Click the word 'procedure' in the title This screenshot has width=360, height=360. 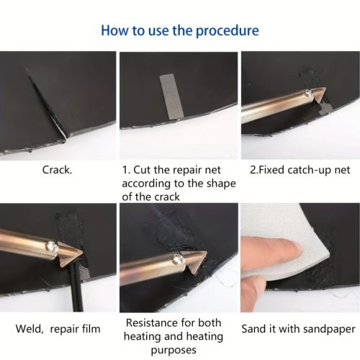click(x=228, y=31)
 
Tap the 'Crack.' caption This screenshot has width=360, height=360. click(x=57, y=170)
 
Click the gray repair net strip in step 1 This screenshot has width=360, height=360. click(x=171, y=96)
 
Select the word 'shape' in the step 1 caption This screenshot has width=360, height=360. click(x=221, y=184)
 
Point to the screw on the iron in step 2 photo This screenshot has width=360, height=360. click(x=308, y=92)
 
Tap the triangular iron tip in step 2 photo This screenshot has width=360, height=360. click(x=320, y=95)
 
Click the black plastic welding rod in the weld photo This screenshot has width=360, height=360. click(x=76, y=287)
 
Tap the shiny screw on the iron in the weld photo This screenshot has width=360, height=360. click(x=52, y=247)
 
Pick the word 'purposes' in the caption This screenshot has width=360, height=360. click(x=174, y=350)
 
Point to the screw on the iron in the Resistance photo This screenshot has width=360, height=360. click(x=179, y=259)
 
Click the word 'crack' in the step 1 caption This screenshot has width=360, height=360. click(x=167, y=197)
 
